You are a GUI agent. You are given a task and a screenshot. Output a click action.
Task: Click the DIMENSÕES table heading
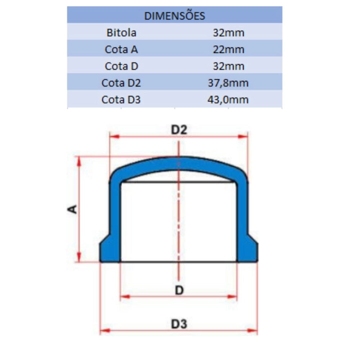(x=175, y=16)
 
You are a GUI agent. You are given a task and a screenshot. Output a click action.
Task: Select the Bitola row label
(x=121, y=33)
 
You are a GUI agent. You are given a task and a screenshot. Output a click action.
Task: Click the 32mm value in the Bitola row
(x=229, y=33)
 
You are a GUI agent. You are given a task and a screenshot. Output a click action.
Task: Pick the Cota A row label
(x=121, y=49)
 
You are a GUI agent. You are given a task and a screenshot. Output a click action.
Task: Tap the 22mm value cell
(x=229, y=50)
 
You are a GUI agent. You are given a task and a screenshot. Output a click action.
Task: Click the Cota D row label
(x=121, y=66)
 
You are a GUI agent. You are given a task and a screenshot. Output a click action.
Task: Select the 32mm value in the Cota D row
(x=229, y=66)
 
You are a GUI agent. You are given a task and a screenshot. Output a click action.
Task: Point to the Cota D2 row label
(x=121, y=83)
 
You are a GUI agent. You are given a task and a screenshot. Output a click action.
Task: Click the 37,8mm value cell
(x=228, y=83)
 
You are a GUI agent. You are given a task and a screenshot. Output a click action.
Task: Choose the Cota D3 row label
(x=121, y=100)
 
